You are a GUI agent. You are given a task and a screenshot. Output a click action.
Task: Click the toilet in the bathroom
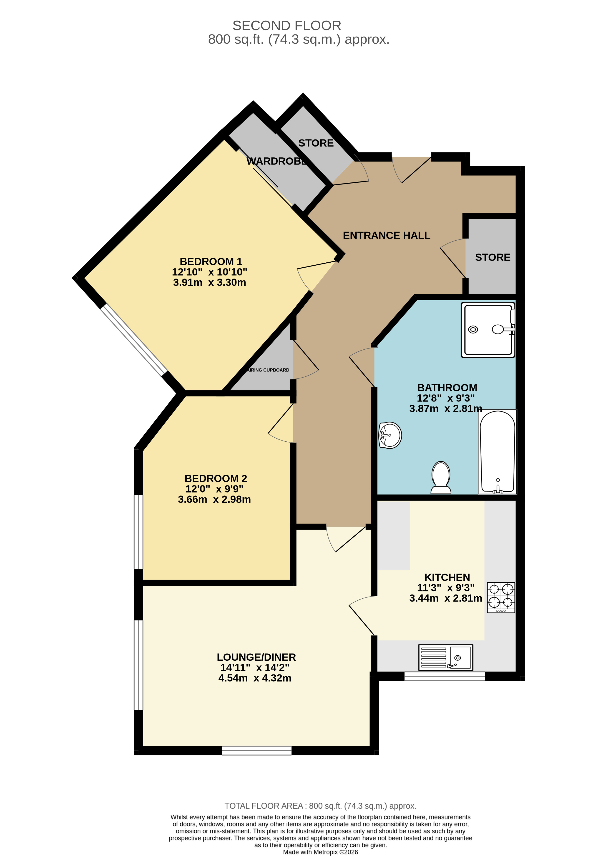(441, 478)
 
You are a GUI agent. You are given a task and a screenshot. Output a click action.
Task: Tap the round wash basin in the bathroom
(390, 435)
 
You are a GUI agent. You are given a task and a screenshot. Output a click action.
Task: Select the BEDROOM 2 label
(216, 478)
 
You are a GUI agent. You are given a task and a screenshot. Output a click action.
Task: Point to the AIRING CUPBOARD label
(268, 370)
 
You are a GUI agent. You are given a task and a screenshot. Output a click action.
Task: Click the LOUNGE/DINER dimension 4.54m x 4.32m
(255, 678)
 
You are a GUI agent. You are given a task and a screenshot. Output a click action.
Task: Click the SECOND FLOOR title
(286, 25)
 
